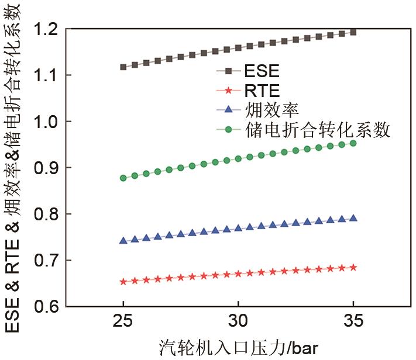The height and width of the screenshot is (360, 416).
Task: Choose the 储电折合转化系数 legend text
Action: point(315,129)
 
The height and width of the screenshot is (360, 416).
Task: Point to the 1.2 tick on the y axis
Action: point(49,29)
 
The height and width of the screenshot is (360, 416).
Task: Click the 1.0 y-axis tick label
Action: point(49,121)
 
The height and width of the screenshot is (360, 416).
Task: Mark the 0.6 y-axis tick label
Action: point(49,306)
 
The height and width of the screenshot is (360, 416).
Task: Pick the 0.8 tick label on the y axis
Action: point(49,214)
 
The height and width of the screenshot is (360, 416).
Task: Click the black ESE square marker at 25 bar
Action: point(123,67)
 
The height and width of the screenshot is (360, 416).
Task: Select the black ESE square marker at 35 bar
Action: point(353,32)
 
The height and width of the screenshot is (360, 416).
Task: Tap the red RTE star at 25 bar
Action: point(123,282)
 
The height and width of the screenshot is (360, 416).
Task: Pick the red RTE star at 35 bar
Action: point(353,267)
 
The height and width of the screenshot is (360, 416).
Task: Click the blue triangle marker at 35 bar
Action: point(353,218)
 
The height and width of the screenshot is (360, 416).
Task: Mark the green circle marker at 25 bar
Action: point(123,178)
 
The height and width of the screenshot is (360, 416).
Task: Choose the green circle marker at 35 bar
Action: point(353,143)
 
